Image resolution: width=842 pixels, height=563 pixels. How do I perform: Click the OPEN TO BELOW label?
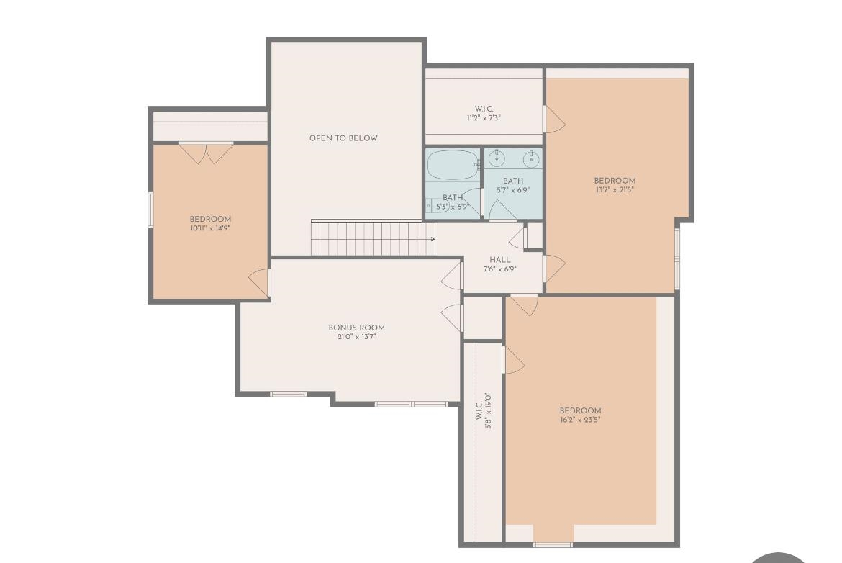(343, 138)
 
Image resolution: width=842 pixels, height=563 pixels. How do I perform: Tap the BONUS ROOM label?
(356, 328)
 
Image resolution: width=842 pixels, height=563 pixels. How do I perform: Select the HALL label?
(500, 260)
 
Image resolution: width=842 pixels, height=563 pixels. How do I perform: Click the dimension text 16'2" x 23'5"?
(581, 420)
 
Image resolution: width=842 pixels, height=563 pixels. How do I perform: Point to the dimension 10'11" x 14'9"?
(210, 228)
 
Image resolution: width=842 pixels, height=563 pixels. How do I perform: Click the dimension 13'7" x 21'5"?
(615, 189)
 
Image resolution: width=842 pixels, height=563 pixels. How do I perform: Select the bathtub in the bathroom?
(452, 165)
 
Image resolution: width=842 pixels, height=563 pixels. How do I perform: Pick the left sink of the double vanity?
(496, 158)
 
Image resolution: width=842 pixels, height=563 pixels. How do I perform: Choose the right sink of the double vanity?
(532, 158)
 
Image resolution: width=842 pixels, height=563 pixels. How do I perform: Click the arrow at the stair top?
(432, 239)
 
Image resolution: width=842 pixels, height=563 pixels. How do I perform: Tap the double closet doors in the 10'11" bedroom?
(207, 153)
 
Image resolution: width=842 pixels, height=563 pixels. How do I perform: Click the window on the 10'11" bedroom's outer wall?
(151, 210)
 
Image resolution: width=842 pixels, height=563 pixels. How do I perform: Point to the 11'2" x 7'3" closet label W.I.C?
(484, 109)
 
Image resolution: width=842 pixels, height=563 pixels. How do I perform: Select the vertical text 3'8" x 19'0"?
(488, 412)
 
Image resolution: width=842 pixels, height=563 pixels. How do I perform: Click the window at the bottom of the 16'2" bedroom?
(553, 545)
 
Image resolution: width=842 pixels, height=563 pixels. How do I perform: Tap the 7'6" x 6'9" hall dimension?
(500, 269)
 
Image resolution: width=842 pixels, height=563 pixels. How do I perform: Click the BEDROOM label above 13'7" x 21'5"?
(615, 181)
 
